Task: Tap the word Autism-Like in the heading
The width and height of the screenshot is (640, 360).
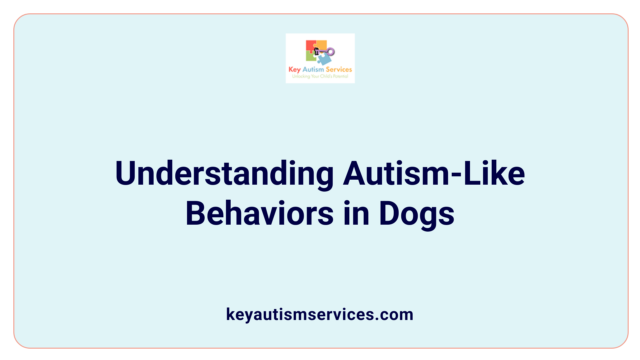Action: [434, 173]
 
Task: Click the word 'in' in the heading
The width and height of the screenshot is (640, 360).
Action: [356, 213]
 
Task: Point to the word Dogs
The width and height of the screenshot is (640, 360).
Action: [416, 213]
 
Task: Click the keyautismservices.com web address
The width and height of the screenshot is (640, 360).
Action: [320, 314]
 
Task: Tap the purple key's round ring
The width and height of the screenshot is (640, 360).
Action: [331, 51]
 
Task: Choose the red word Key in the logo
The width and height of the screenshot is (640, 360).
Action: [295, 70]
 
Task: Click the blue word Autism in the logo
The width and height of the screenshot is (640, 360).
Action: [313, 69]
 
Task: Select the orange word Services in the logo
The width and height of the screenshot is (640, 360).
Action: [339, 69]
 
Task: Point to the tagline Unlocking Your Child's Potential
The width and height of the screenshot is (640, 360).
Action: [320, 76]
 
